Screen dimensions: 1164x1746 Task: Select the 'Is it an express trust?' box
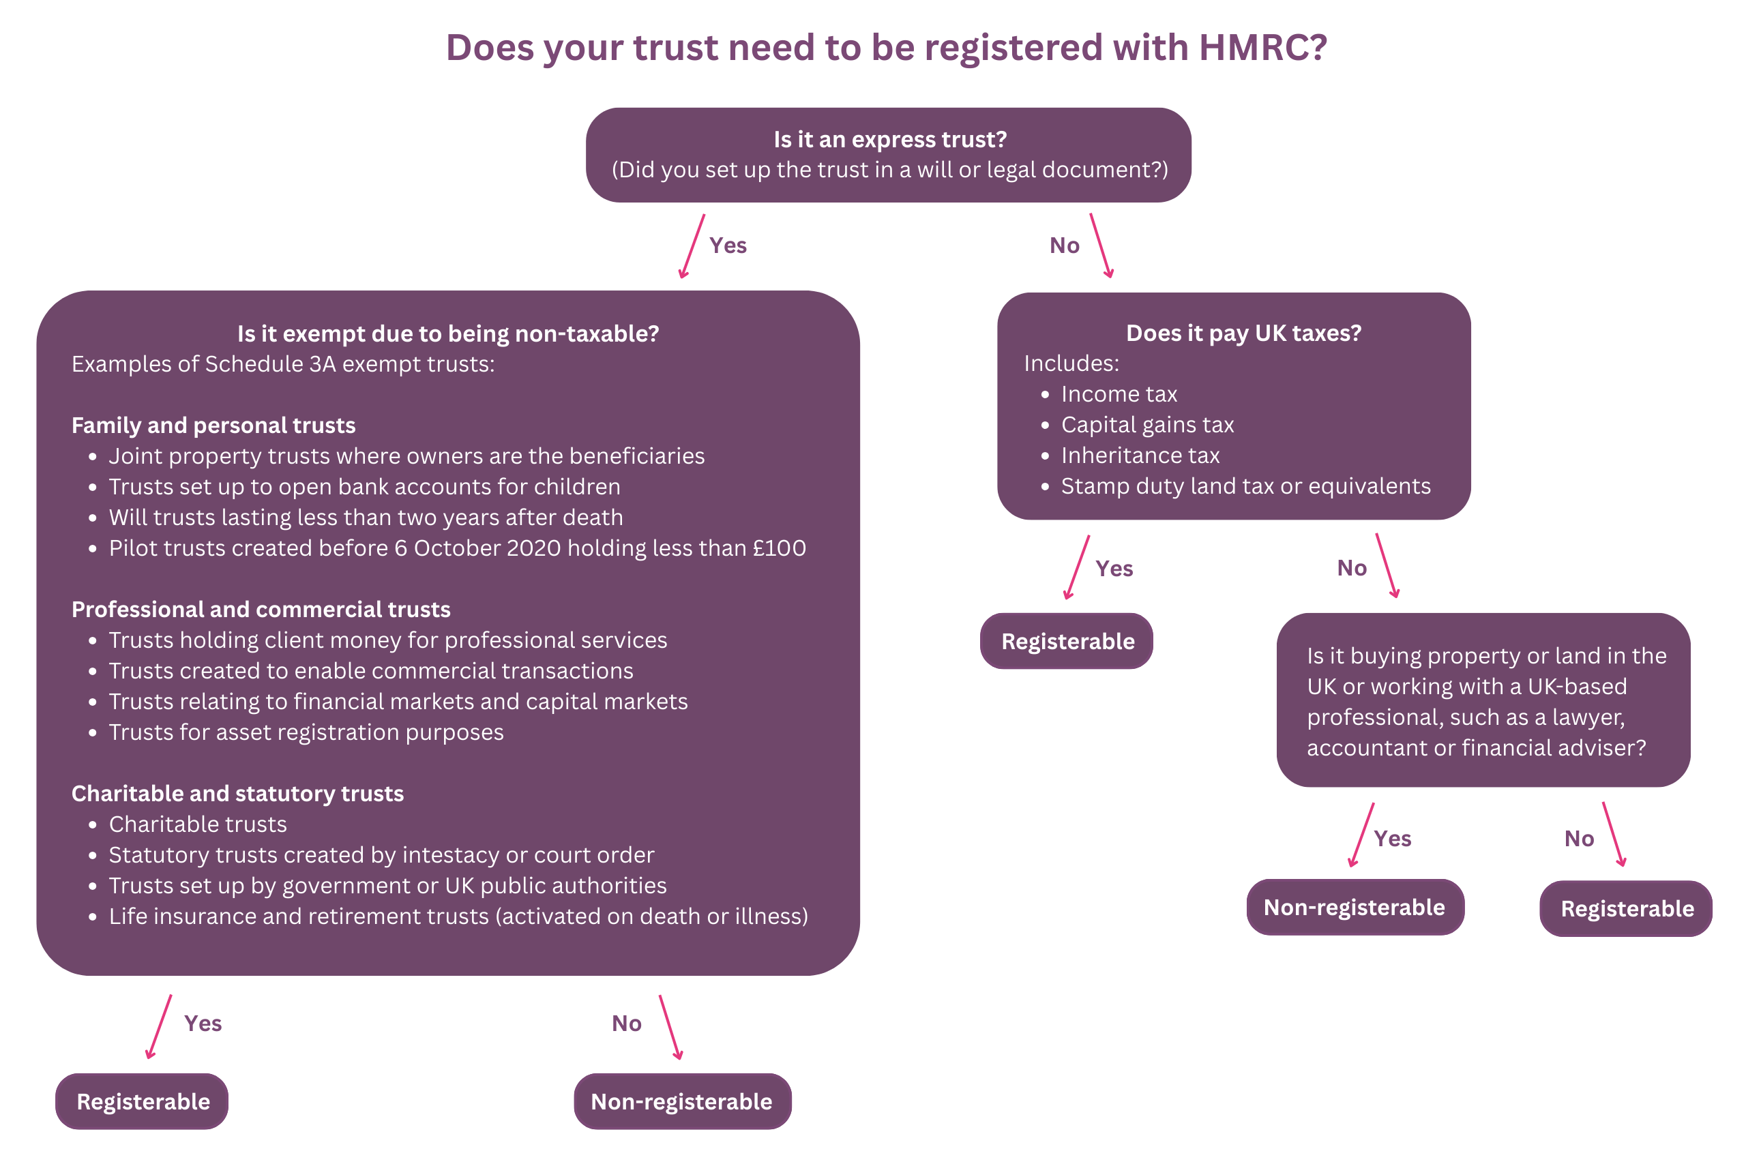888,154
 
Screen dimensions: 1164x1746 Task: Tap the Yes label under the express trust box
728,245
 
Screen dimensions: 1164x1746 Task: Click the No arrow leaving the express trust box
1101,245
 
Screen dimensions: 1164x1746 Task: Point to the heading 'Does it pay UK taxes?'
1243,333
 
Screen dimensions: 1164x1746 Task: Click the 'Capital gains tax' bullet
1147,425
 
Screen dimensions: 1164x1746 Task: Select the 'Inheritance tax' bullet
1140,455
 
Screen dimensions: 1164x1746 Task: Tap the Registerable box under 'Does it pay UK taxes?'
1067,642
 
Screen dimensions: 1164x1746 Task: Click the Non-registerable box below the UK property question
1354,907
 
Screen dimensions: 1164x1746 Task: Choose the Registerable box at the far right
1627,909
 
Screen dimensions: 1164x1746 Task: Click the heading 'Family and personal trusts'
213,426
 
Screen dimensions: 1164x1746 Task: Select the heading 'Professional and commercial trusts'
261,610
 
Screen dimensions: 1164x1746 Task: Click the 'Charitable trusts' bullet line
198,824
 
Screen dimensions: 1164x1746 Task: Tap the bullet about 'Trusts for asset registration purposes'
306,732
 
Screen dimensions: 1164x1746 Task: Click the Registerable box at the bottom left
143,1102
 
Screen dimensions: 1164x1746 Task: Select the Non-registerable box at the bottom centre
681,1102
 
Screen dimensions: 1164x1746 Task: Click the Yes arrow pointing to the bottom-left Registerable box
160,1027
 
